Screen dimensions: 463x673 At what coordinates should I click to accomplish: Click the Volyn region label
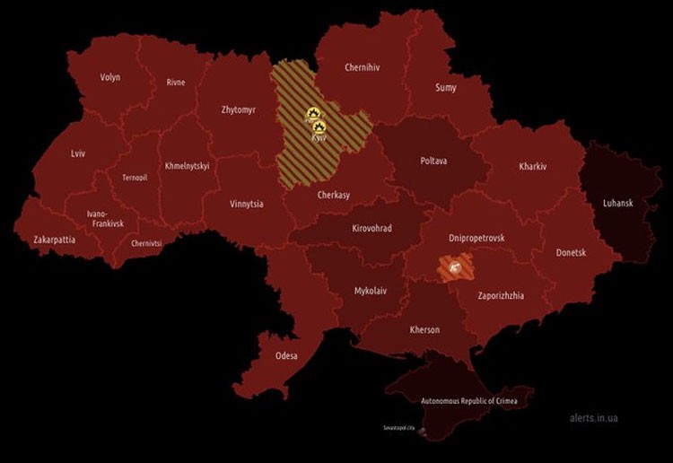pyautogui.click(x=110, y=77)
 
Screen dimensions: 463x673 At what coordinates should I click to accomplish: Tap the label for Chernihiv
pyautogui.click(x=365, y=67)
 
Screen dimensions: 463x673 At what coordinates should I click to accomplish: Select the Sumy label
pyautogui.click(x=445, y=88)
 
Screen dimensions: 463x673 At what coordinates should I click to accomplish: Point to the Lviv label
pyautogui.click(x=78, y=153)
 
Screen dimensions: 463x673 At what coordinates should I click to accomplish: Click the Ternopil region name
pyautogui.click(x=134, y=178)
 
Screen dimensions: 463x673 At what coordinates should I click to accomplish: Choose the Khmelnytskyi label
pyautogui.click(x=187, y=166)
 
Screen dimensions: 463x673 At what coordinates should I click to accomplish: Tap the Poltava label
pyautogui.click(x=433, y=162)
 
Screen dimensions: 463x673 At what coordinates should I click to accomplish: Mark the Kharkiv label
pyautogui.click(x=532, y=167)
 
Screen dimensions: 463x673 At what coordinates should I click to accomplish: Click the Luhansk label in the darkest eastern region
pyautogui.click(x=617, y=204)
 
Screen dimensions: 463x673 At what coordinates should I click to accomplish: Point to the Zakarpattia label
pyautogui.click(x=54, y=240)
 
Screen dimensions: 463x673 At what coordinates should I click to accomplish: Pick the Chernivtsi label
pyautogui.click(x=146, y=243)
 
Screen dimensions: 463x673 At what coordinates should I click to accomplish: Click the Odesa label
pyautogui.click(x=286, y=356)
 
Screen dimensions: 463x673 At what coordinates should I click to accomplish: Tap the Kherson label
pyautogui.click(x=424, y=330)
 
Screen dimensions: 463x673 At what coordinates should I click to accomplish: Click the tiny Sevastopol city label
pyautogui.click(x=399, y=428)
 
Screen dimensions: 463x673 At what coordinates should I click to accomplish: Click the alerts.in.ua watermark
pyautogui.click(x=593, y=418)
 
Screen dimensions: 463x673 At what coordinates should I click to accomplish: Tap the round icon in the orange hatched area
pyautogui.click(x=454, y=266)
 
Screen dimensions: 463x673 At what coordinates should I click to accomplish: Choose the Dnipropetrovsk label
pyautogui.click(x=476, y=238)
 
